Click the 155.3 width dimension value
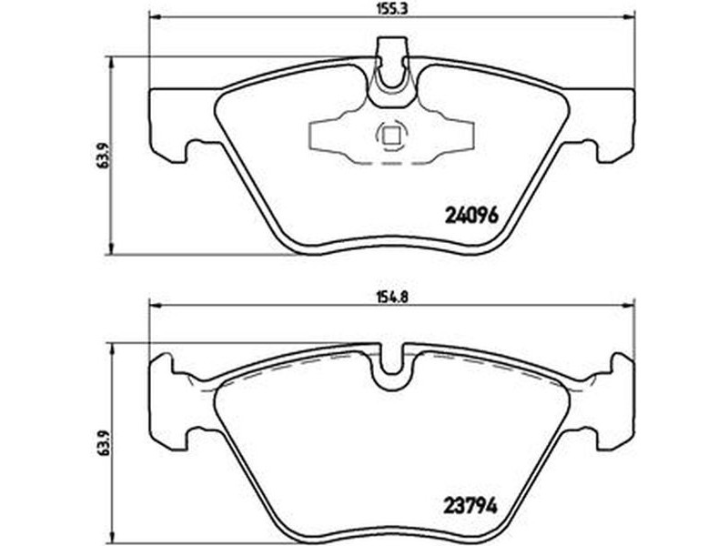click(x=390, y=9)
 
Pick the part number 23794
click(x=470, y=506)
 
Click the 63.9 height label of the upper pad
click(x=104, y=156)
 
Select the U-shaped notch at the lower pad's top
click(x=391, y=367)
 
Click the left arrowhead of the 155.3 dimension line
click(x=154, y=18)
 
